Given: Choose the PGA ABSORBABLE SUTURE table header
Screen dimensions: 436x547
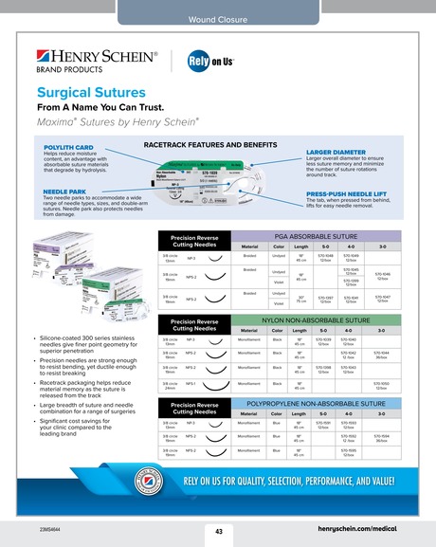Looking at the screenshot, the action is (318, 237).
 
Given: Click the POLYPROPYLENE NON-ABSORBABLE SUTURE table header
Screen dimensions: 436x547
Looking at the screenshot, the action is (318, 404).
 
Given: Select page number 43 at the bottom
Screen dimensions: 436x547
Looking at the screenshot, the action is (218, 530).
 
